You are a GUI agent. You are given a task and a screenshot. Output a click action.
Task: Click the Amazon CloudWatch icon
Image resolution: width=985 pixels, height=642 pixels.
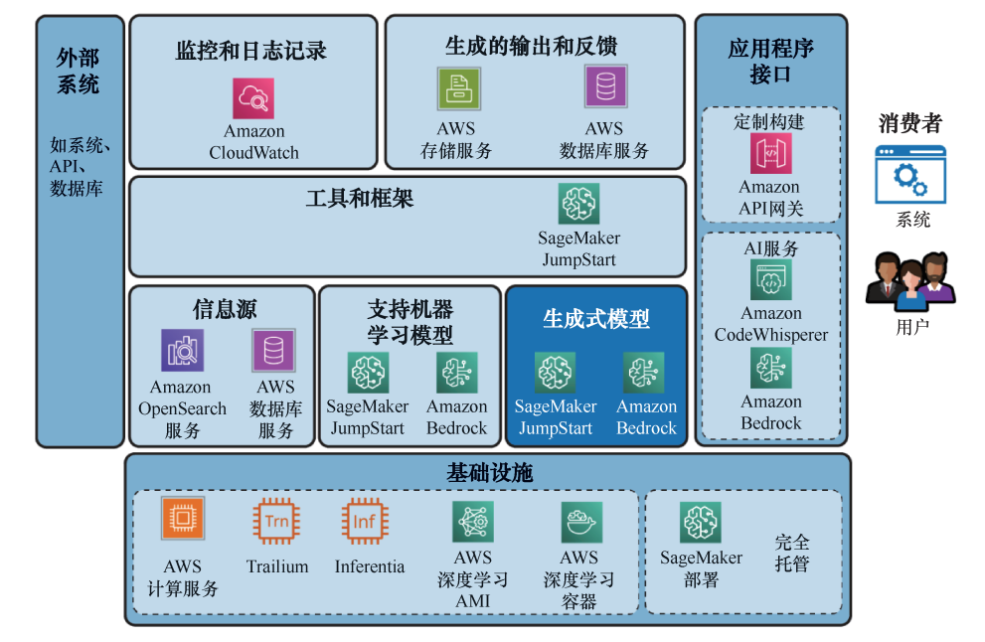253,98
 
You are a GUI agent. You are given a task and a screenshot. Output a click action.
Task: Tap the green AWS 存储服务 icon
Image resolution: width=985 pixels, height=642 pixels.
458,88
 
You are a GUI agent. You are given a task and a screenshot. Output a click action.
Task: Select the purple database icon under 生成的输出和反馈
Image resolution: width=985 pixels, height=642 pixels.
605,86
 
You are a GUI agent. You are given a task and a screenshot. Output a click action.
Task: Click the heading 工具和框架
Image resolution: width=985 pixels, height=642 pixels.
360,198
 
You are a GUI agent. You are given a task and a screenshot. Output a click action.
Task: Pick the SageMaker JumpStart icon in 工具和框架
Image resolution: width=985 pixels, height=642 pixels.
578,204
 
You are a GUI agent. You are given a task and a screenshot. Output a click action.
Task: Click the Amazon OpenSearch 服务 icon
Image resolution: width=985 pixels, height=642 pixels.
182,350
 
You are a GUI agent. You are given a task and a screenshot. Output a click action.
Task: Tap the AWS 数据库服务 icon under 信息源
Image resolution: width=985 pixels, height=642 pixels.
273,350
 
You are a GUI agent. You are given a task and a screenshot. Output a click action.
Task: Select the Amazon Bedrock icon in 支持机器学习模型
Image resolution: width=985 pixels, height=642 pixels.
456,373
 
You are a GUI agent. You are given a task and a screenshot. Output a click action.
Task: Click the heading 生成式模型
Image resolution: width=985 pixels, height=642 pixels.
596,318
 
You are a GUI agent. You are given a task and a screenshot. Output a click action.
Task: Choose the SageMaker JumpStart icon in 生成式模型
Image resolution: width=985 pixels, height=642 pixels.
555,373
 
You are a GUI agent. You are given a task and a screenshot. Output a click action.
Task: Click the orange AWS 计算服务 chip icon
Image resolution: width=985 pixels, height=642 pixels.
182,519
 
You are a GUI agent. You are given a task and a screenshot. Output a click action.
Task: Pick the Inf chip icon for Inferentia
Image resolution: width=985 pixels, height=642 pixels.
365,520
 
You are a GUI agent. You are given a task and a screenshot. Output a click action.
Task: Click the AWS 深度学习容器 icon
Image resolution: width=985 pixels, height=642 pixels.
580,522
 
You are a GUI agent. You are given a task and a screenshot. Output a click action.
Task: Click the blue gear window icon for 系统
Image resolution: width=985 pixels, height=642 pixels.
910,175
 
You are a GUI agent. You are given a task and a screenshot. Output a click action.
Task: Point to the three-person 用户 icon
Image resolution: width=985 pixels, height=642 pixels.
910,281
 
